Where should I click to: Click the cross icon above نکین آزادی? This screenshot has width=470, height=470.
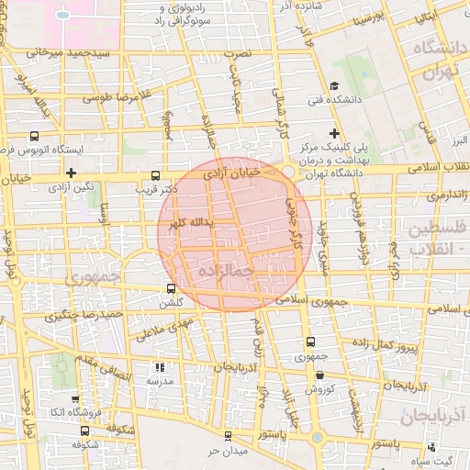(x=71, y=172)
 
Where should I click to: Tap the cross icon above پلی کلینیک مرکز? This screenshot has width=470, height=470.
(x=335, y=133)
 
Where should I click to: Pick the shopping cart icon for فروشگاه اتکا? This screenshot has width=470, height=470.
(x=73, y=399)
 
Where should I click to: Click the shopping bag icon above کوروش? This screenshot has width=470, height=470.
(x=318, y=375)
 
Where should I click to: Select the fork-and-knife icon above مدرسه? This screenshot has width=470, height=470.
(x=162, y=367)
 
